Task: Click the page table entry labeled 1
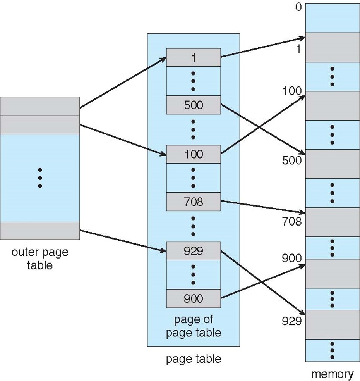[194, 57]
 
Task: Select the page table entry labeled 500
[194, 105]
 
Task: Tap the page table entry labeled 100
[194, 154]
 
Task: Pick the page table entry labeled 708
[194, 202]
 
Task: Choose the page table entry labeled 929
[194, 251]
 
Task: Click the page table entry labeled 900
[194, 298]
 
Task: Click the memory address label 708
[292, 222]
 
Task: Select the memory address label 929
[292, 321]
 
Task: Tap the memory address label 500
[292, 160]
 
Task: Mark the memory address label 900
[292, 258]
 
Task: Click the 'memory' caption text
[332, 374]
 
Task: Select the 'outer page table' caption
[40, 259]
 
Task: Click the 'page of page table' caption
[194, 326]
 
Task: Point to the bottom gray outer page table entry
[40, 231]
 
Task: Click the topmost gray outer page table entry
[40, 106]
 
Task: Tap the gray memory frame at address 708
[333, 222]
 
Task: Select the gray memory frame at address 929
[333, 324]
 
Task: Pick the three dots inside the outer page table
[40, 178]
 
